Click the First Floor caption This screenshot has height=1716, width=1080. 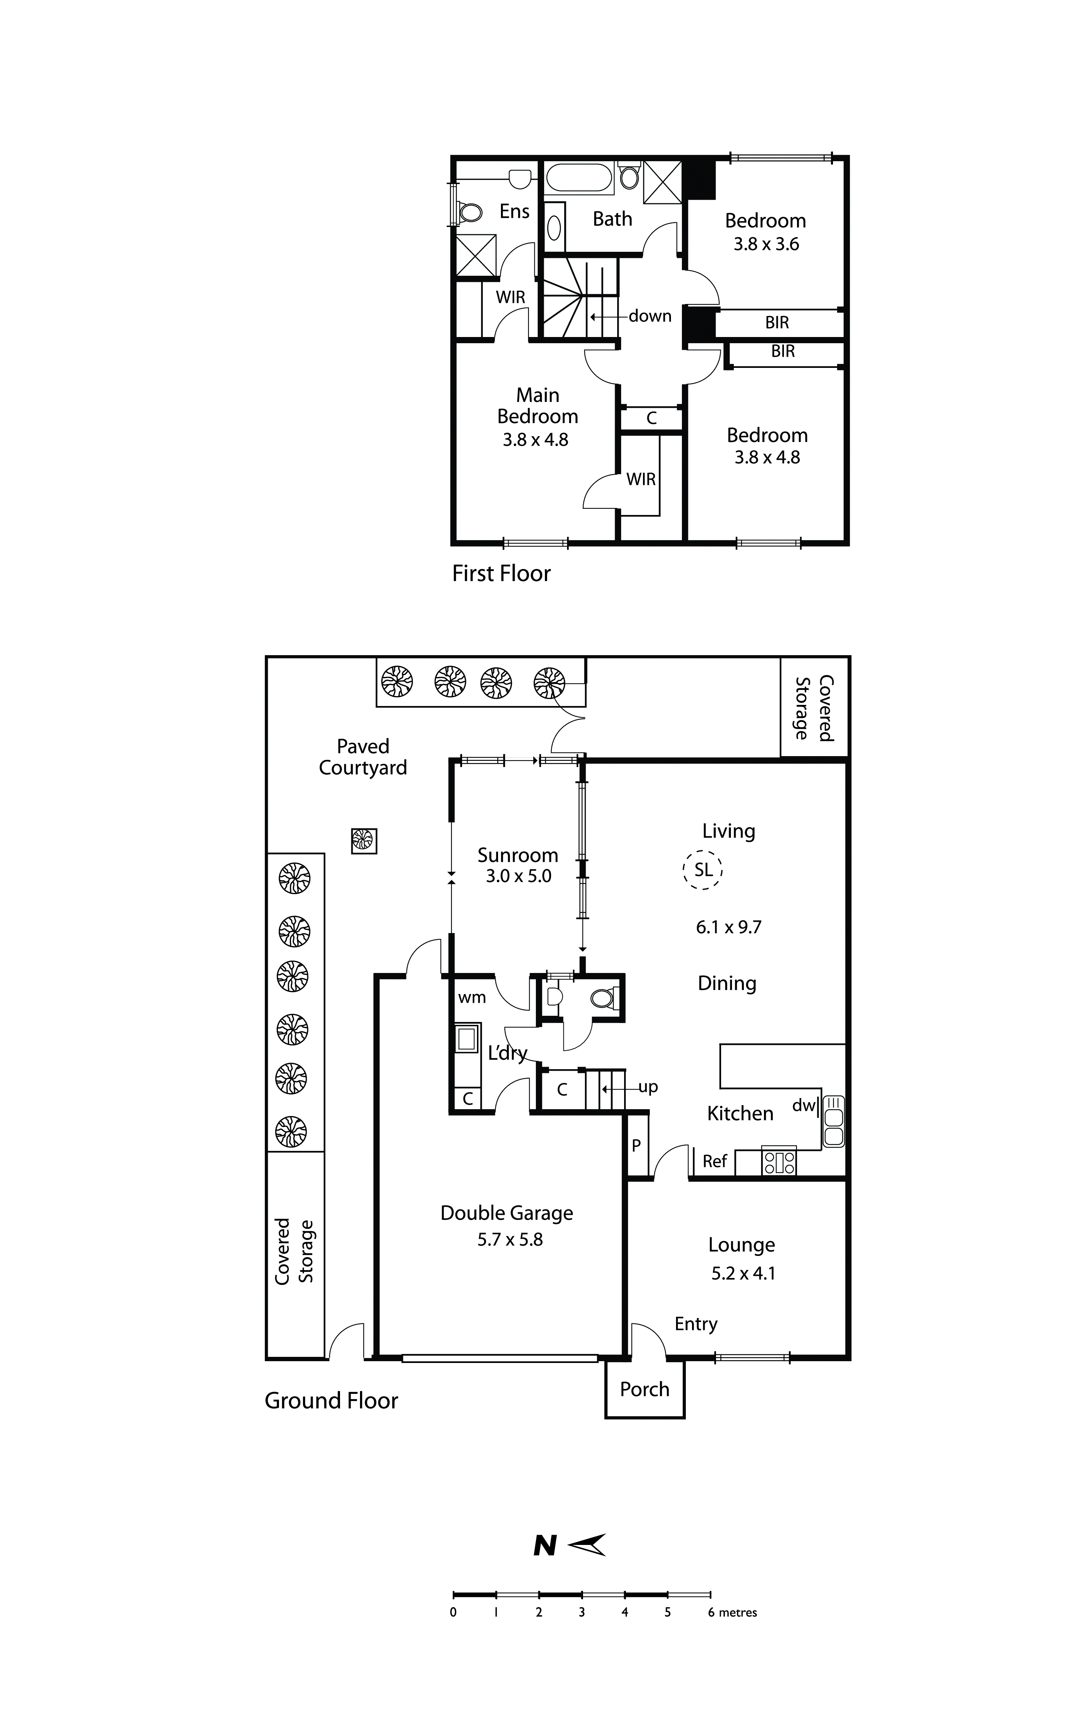pos(501,574)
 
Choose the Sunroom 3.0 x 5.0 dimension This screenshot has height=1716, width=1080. pos(518,876)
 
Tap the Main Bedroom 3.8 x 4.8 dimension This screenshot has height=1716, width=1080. pos(535,440)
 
